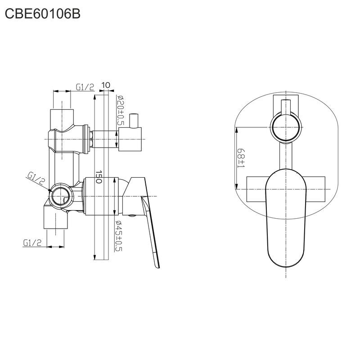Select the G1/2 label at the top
(x=85, y=87)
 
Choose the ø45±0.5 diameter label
(x=120, y=236)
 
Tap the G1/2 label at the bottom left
(x=32, y=243)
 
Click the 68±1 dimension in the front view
(x=241, y=159)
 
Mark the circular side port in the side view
(x=61, y=196)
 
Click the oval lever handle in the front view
(x=286, y=216)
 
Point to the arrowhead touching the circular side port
(x=50, y=191)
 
